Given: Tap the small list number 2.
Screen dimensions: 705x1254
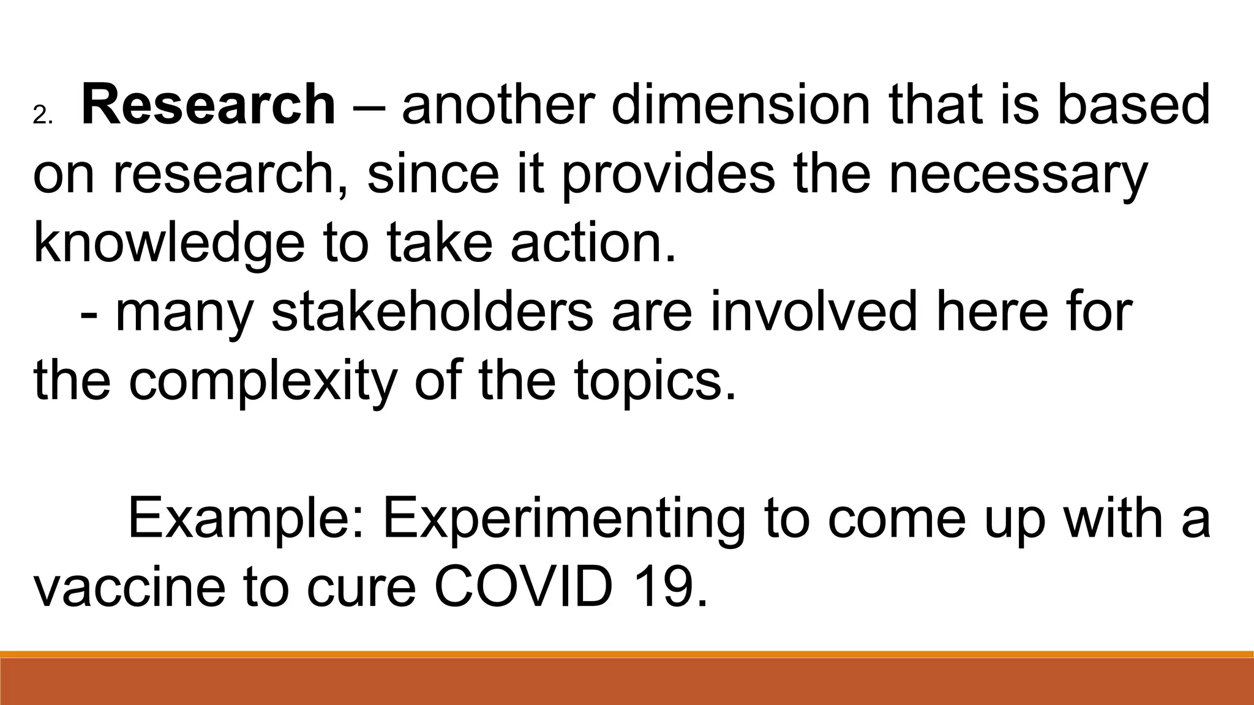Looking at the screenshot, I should pyautogui.click(x=43, y=116).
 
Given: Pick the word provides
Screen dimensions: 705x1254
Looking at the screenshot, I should pyautogui.click(x=668, y=174).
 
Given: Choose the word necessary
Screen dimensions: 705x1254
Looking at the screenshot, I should pyautogui.click(x=1017, y=174).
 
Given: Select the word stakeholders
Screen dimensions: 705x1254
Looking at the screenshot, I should pyautogui.click(x=432, y=313).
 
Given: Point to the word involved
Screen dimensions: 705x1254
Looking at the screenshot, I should pyautogui.click(x=814, y=313).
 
